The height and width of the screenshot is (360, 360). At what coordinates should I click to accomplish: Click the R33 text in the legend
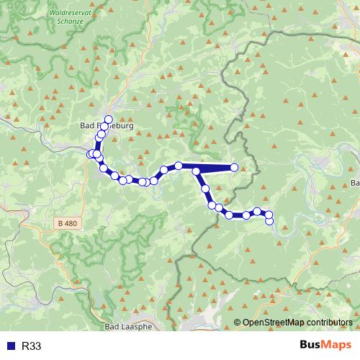(31, 346)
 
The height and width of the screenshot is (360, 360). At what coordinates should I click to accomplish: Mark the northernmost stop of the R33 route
(109, 119)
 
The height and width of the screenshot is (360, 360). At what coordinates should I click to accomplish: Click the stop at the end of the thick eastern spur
(234, 168)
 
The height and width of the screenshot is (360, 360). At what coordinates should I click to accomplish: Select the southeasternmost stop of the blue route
(269, 221)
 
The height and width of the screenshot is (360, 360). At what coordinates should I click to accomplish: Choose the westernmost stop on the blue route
(91, 154)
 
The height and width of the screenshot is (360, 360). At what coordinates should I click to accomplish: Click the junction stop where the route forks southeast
(196, 171)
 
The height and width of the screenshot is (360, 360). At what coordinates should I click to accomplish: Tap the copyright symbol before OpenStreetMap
(238, 323)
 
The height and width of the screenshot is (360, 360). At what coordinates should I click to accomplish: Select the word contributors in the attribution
(328, 323)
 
